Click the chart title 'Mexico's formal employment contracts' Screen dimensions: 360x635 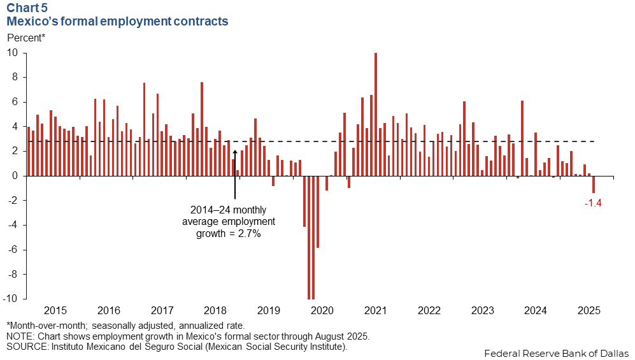pyautogui.click(x=117, y=22)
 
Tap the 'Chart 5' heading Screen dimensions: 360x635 pyautogui.click(x=27, y=8)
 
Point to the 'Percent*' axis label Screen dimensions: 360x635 pyautogui.click(x=26, y=38)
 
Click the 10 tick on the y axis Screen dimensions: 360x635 pyautogui.click(x=13, y=53)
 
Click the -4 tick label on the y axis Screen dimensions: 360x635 pyautogui.click(x=13, y=226)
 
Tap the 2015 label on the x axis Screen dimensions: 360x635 pyautogui.click(x=55, y=311)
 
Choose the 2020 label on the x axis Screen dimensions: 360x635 pyautogui.click(x=322, y=311)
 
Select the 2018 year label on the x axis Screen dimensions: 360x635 pyautogui.click(x=215, y=311)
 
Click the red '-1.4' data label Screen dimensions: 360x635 pyautogui.click(x=593, y=203)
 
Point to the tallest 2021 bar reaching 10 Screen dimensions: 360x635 pyautogui.click(x=376, y=115)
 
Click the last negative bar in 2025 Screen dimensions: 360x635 pyautogui.click(x=594, y=184)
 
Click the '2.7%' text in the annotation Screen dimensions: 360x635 pyautogui.click(x=250, y=234)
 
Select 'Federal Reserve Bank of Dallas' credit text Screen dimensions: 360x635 pyautogui.click(x=556, y=352)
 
